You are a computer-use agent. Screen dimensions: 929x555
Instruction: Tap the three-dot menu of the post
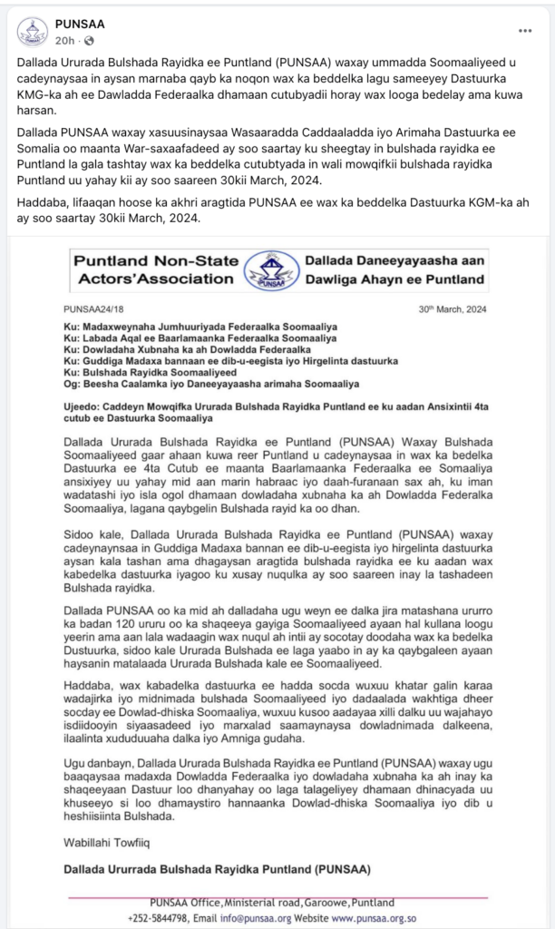click(x=525, y=31)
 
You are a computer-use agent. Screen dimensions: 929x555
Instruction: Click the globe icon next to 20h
click(x=89, y=41)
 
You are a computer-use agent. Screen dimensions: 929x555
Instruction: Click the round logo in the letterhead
click(x=271, y=269)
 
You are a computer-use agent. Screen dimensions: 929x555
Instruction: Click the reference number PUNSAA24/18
click(x=92, y=309)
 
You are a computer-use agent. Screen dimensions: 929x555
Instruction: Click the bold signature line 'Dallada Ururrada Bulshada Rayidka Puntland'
click(x=217, y=870)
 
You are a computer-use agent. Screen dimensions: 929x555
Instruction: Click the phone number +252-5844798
click(x=157, y=917)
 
